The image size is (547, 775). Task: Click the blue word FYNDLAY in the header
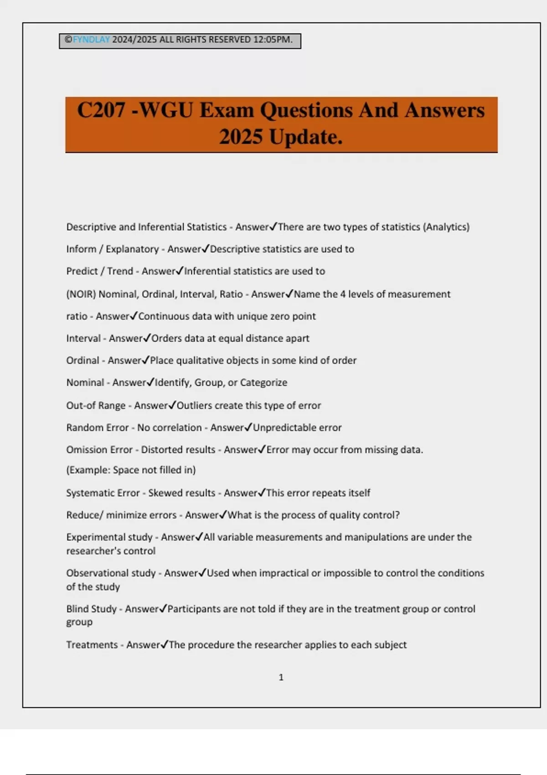point(91,40)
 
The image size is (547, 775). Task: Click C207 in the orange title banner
point(101,110)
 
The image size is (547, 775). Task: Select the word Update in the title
point(304,137)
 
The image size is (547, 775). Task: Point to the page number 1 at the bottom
point(281,677)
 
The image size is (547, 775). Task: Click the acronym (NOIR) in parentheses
point(81,294)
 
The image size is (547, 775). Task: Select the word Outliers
point(194,405)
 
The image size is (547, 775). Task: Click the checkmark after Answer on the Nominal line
point(150,382)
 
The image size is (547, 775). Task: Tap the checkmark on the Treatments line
point(165,644)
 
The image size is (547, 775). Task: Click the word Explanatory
point(132,249)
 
